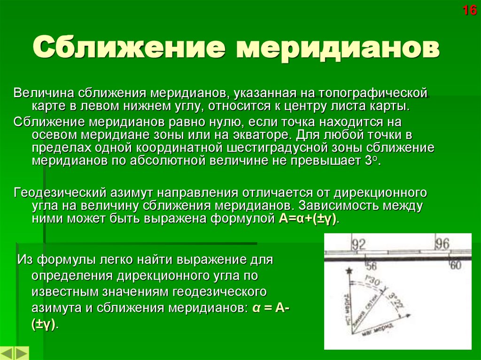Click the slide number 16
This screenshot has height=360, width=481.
click(470, 10)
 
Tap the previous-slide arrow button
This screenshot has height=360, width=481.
click(8, 353)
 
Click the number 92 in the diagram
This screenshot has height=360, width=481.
click(358, 244)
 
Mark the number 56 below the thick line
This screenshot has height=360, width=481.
click(372, 265)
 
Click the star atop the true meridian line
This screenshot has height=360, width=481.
click(348, 271)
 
